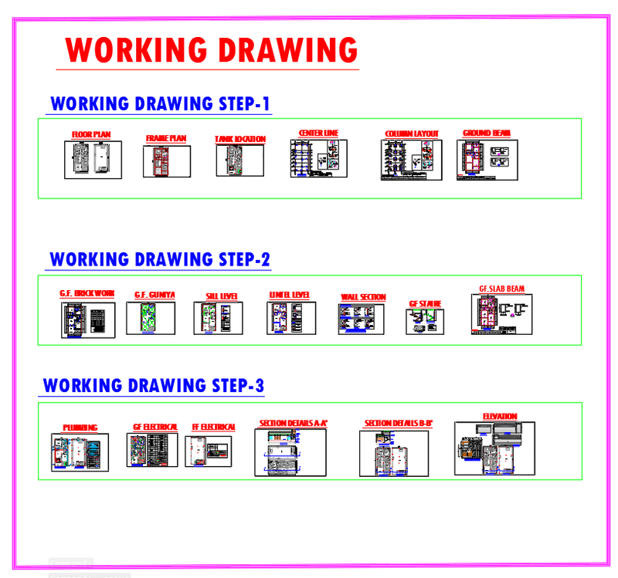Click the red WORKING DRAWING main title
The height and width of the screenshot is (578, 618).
click(x=212, y=50)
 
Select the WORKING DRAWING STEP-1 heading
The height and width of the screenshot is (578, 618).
click(x=160, y=104)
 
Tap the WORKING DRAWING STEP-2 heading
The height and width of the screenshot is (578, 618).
click(x=160, y=260)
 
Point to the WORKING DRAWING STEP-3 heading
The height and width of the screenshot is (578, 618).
click(x=154, y=386)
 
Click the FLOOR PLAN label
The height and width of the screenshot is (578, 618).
click(x=91, y=135)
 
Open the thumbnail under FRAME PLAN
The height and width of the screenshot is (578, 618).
click(x=161, y=161)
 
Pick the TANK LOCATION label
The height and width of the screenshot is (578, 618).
click(x=240, y=140)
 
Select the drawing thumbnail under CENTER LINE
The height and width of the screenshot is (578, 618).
click(x=318, y=158)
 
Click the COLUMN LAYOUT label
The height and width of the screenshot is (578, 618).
click(x=412, y=134)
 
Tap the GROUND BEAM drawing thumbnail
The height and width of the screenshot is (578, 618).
click(x=487, y=160)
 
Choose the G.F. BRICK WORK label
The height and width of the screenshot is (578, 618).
click(x=87, y=294)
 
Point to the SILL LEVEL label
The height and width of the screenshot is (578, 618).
click(x=222, y=296)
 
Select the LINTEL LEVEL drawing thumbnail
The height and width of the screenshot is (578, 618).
click(x=291, y=318)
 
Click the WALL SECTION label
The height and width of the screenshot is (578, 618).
click(x=363, y=297)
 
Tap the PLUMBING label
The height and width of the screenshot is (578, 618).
click(x=80, y=428)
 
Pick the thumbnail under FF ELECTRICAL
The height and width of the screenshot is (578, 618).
click(x=208, y=451)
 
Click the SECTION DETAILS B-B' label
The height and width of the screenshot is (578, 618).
click(x=398, y=424)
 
